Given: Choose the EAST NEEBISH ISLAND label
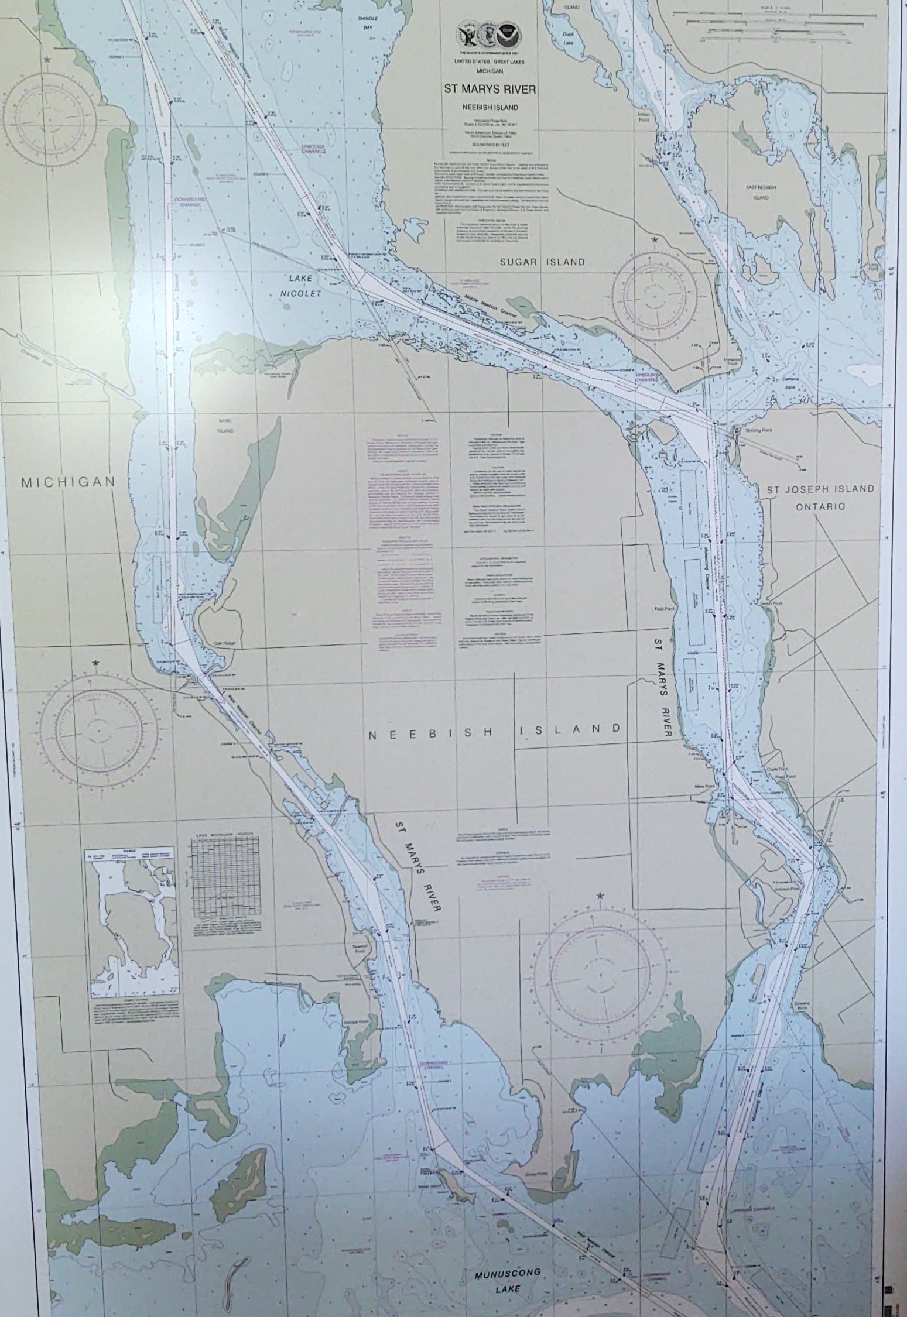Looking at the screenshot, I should point(761,193).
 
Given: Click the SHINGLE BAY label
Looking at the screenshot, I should point(369,21).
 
